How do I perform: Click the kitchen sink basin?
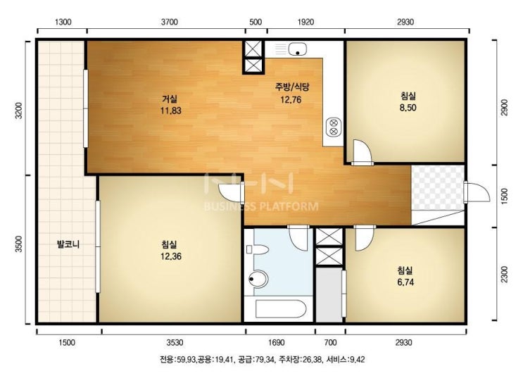(298, 49)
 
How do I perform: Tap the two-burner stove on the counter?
(333, 127)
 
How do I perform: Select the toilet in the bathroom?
(258, 250)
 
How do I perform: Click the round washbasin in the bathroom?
(258, 279)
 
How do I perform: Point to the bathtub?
(280, 309)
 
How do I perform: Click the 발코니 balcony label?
(68, 244)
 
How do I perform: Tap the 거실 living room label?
(170, 99)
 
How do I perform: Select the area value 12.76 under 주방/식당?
(291, 99)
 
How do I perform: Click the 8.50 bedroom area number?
(408, 108)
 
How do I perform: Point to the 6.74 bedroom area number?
(405, 282)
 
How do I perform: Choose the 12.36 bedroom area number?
(171, 256)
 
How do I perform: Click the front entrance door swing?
(477, 192)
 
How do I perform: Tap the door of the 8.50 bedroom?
(362, 153)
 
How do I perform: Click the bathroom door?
(299, 237)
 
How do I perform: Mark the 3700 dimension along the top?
(170, 23)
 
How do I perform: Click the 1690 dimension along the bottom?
(277, 343)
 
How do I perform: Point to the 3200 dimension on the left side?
(19, 111)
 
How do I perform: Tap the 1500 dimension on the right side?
(504, 196)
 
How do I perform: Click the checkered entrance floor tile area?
(438, 187)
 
